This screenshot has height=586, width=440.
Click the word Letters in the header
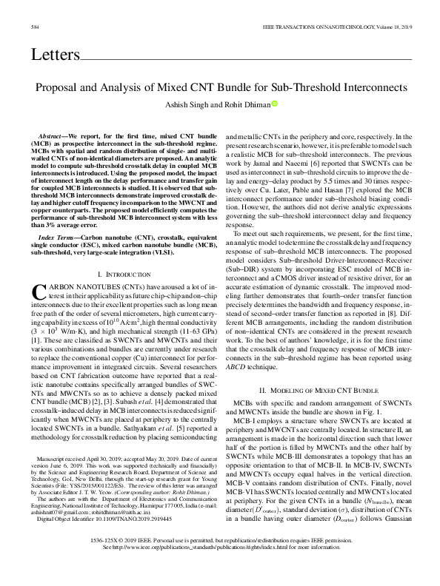point(55,55)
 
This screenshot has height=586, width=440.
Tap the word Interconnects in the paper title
point(370,87)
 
